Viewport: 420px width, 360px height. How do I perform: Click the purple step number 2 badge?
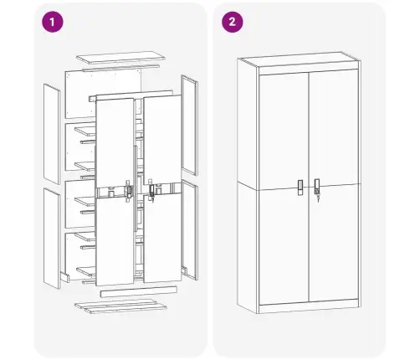[x=229, y=23]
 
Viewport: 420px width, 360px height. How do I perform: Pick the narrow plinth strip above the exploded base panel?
[x=138, y=292]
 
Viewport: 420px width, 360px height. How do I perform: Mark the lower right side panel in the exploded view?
[x=189, y=227]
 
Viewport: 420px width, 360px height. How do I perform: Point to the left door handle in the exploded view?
[x=128, y=191]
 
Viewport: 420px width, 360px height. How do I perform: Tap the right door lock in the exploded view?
[x=152, y=192]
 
